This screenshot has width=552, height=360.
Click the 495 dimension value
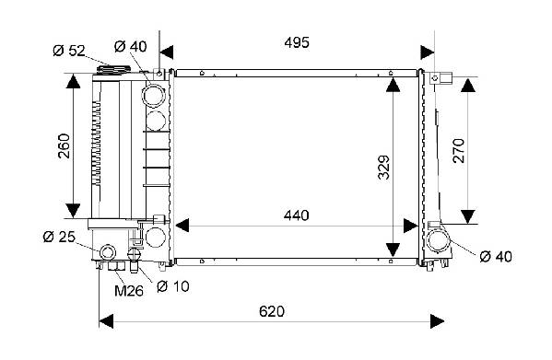(x=297, y=42)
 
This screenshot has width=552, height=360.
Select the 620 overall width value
(x=272, y=311)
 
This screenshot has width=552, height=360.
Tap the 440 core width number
(x=297, y=215)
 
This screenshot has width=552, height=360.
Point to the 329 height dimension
(x=384, y=168)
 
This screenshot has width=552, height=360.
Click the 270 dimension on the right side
(x=459, y=151)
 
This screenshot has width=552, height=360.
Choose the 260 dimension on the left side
(x=65, y=145)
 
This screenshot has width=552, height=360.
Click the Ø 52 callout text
(x=69, y=51)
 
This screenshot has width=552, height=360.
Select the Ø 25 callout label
(x=59, y=237)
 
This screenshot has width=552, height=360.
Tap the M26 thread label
(x=129, y=291)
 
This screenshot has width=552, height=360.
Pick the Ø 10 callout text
(x=173, y=286)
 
